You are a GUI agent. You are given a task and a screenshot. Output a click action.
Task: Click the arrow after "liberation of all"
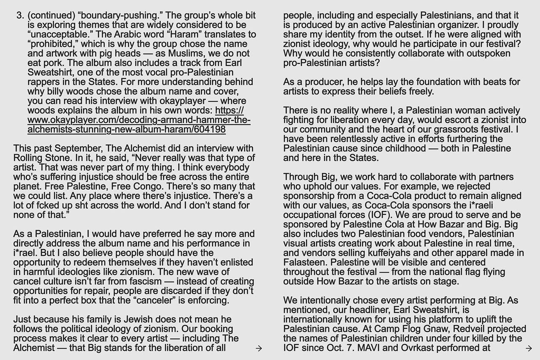[x=259, y=348]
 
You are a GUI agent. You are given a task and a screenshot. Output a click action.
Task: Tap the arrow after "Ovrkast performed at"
[x=529, y=348]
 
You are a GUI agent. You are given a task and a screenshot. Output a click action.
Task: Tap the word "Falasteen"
[x=304, y=263]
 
